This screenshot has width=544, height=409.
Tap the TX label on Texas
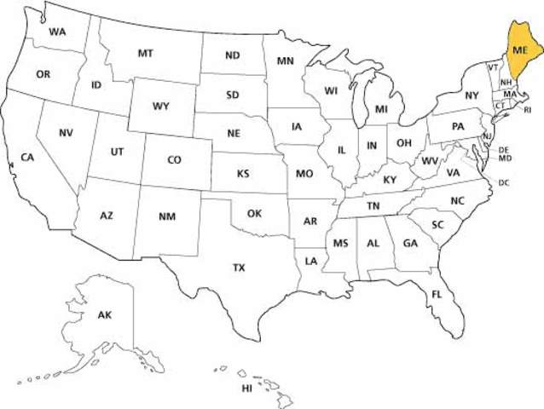point(240,268)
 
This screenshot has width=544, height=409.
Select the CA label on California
point(27,158)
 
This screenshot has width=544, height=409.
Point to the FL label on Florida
point(437,294)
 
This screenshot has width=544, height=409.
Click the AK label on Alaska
point(105,315)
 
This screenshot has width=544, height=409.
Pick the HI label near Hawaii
point(247,389)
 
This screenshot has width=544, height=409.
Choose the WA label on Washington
point(57,32)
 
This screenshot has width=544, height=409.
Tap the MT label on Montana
point(146,53)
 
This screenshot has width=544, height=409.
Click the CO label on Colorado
point(174,159)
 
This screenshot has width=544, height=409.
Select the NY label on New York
point(472,95)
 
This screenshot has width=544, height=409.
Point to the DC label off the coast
point(504,182)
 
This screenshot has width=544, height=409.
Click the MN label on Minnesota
point(286,61)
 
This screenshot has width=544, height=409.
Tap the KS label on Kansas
point(244,174)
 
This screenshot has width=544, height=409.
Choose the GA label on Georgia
point(410,243)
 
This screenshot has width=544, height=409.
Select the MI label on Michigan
point(382,109)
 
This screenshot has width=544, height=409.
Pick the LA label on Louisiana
point(311,260)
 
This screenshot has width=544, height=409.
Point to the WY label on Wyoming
point(161,107)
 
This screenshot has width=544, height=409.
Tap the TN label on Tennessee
point(373,206)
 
